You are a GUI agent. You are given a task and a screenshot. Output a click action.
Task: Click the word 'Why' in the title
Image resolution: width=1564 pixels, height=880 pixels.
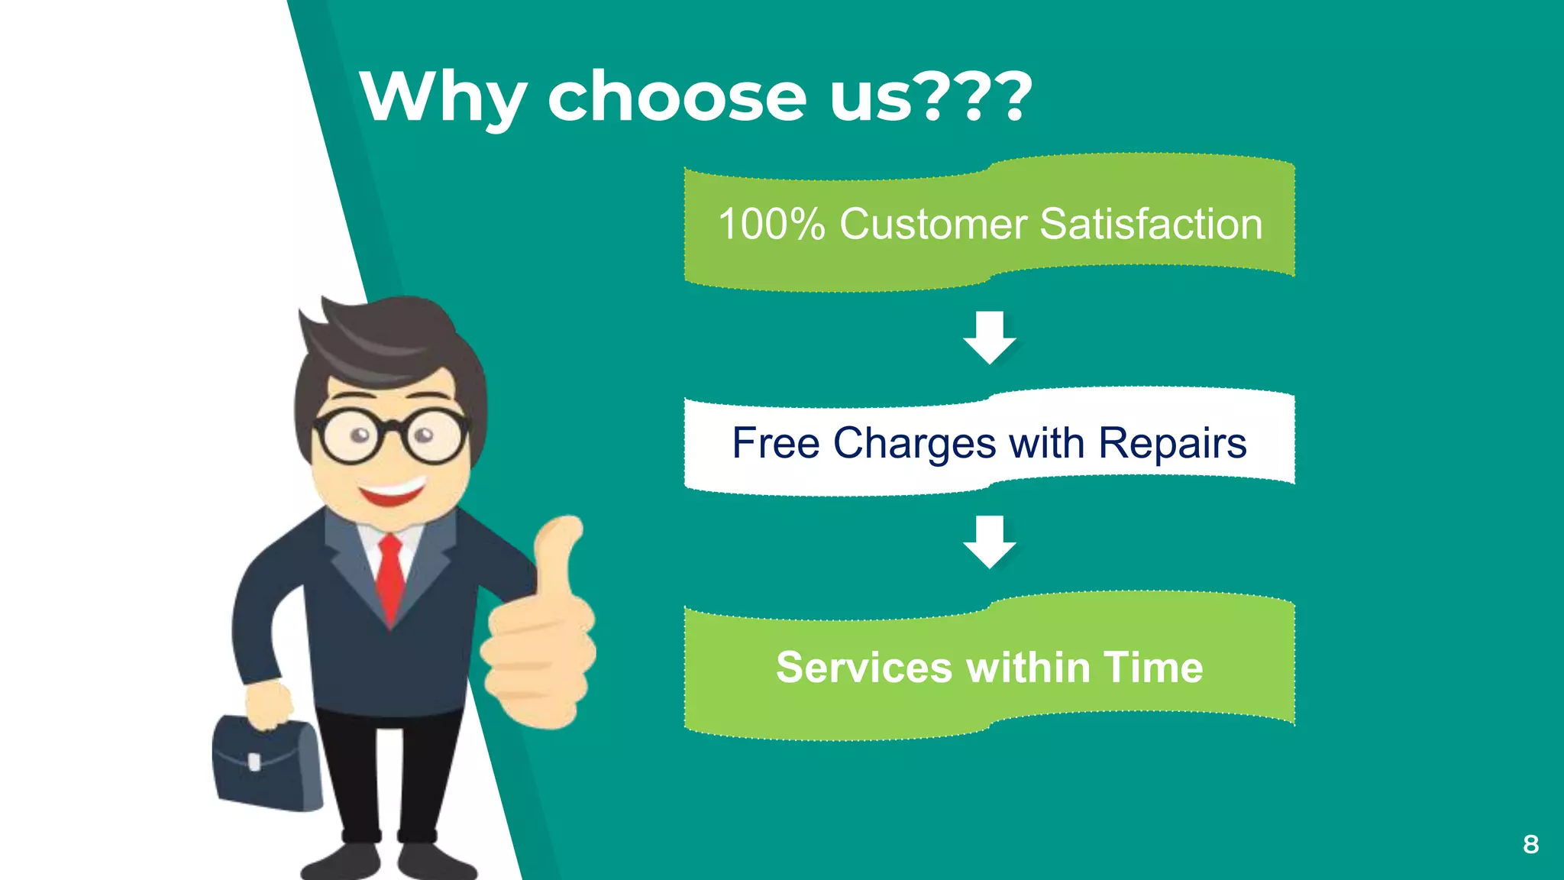[x=443, y=98]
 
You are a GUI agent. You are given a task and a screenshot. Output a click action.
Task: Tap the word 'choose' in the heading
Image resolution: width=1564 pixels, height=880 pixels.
[x=677, y=98]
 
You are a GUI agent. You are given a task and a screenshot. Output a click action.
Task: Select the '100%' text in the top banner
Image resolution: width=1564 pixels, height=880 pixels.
[x=771, y=225]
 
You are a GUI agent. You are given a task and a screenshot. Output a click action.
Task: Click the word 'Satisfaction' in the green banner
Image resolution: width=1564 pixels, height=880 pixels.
[x=1151, y=225]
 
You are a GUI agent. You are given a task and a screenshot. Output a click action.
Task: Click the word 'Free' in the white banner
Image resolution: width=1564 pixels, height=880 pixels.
[x=775, y=443]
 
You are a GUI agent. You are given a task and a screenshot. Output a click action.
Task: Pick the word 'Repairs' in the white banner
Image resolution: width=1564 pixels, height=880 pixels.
[x=1172, y=443]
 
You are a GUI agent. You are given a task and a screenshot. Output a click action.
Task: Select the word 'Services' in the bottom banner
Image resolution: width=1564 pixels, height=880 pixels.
[x=864, y=668]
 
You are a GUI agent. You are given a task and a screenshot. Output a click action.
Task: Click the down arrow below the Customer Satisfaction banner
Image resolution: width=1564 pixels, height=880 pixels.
[x=989, y=338]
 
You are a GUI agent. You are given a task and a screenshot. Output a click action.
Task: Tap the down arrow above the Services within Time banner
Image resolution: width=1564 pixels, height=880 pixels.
[x=989, y=542]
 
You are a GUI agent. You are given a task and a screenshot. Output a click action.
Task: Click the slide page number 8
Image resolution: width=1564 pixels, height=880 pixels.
[x=1530, y=844]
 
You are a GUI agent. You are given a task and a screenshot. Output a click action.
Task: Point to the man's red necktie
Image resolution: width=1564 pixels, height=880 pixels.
[x=390, y=577]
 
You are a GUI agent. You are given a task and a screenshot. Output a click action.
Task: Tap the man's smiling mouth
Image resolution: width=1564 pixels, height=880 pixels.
[x=393, y=491]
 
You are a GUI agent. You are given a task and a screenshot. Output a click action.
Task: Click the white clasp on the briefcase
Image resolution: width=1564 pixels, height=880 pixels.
[x=254, y=761]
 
